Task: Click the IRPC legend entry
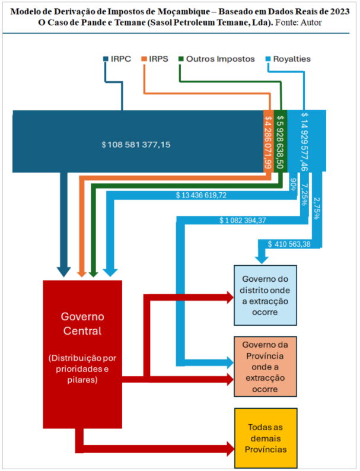117,59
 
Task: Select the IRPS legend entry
155,59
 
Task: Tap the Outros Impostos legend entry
216,59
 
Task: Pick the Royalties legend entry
288,59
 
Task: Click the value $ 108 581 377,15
136,145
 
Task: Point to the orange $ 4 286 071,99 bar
269,141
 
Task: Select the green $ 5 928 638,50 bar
281,141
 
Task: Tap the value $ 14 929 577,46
305,142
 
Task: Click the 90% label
293,184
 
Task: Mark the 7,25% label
304,195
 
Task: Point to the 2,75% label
316,208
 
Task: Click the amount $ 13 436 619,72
201,195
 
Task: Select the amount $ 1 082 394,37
243,221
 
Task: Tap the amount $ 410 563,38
289,244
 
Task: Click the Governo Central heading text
82,323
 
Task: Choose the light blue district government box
266,295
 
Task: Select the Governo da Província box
266,367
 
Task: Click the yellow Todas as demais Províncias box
266,438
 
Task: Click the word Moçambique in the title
184,12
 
